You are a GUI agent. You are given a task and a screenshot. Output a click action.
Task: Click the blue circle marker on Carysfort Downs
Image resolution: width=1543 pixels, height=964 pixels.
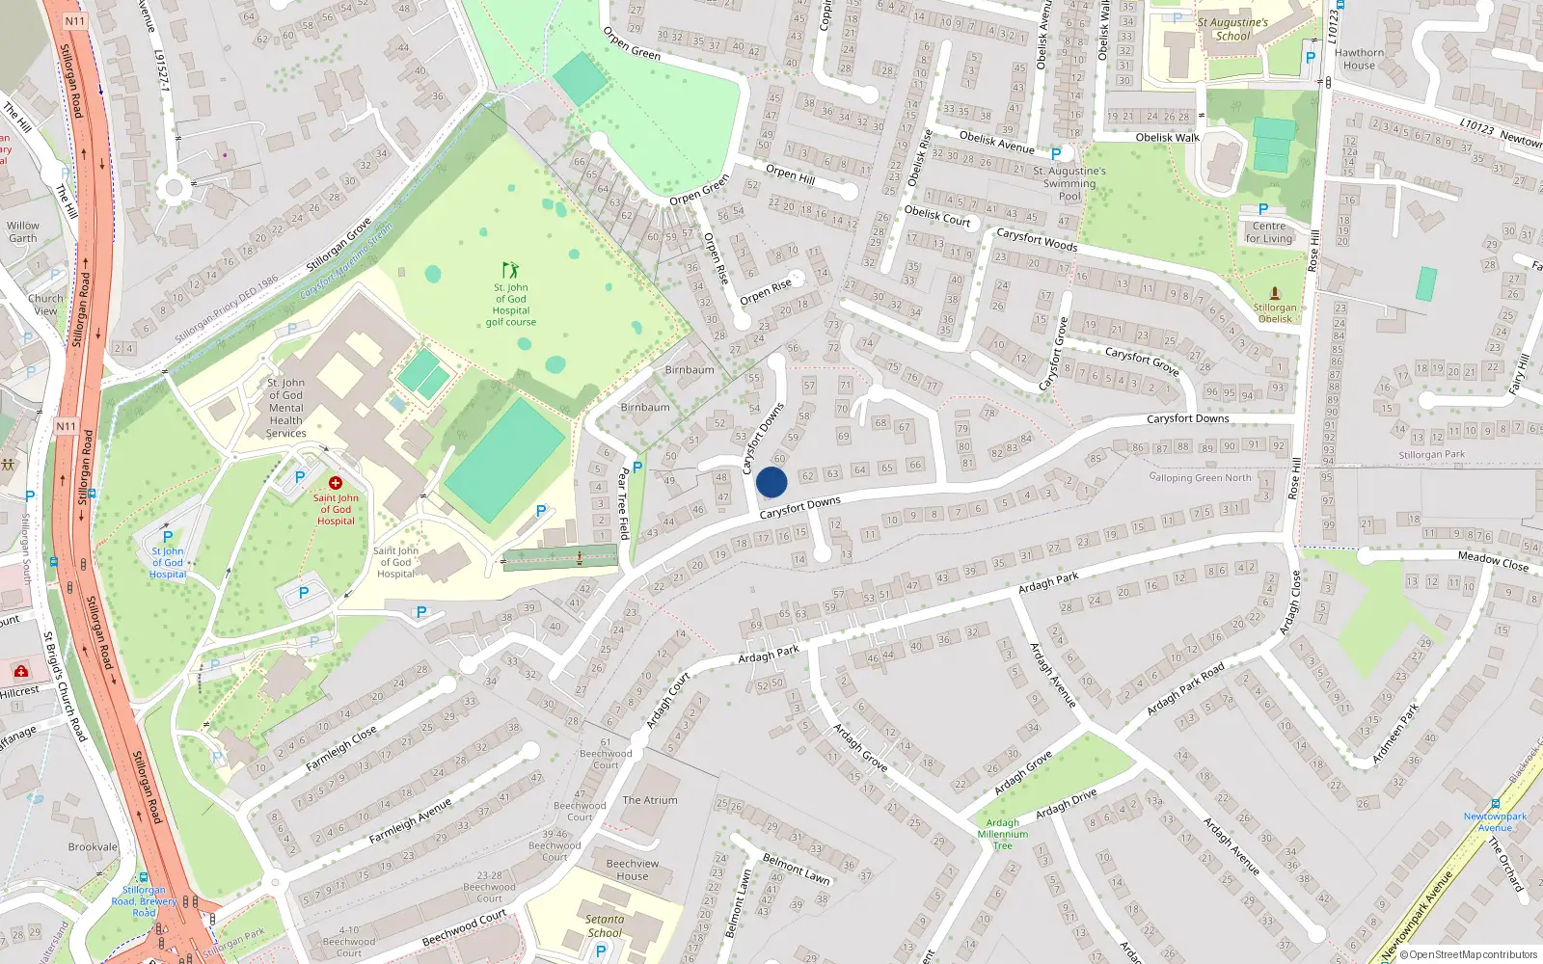[771, 482]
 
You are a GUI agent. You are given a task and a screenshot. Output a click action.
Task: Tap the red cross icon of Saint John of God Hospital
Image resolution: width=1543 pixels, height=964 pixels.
[336, 483]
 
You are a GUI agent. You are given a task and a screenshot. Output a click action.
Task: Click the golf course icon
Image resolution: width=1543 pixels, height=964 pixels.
[510, 270]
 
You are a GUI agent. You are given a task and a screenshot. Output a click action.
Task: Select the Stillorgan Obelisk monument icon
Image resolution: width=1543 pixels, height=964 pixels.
[1275, 293]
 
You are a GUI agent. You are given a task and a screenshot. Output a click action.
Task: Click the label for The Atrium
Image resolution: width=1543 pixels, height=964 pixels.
[650, 800]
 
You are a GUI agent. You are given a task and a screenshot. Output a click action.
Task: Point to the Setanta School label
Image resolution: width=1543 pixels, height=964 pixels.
[605, 926]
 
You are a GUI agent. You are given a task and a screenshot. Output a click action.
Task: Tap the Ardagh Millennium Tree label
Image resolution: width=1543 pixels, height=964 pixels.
[1003, 834]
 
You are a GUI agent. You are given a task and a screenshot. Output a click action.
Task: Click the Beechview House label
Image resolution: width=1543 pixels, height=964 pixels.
[633, 870]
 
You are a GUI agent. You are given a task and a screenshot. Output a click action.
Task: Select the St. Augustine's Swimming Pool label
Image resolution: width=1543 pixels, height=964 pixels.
[1069, 183]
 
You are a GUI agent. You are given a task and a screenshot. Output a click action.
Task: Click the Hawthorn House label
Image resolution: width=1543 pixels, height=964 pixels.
[1360, 60]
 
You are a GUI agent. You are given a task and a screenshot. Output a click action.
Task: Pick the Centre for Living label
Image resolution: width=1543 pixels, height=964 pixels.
[1268, 232]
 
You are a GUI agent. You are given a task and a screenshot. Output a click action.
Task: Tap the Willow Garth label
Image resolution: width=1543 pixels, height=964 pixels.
[23, 231]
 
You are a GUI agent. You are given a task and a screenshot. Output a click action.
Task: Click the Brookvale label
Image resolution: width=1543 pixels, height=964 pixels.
[93, 847]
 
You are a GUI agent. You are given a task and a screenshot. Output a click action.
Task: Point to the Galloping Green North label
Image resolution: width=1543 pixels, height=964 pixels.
[1200, 477]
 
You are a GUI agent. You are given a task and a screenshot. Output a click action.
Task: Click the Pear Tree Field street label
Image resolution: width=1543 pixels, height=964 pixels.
[624, 503]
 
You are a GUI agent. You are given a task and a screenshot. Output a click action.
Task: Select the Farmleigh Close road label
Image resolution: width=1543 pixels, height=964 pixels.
[341, 748]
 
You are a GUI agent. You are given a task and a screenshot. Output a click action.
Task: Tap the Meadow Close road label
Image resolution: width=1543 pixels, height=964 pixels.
[1493, 560]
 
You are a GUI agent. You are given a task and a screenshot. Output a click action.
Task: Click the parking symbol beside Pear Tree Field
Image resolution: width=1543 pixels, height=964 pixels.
[637, 468]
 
